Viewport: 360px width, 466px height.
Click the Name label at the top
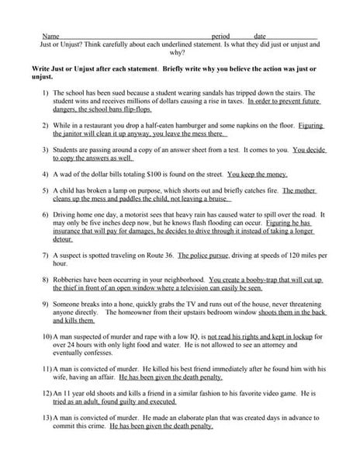coord(49,37)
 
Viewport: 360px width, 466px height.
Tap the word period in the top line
coord(220,37)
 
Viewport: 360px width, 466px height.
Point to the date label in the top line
coord(260,37)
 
